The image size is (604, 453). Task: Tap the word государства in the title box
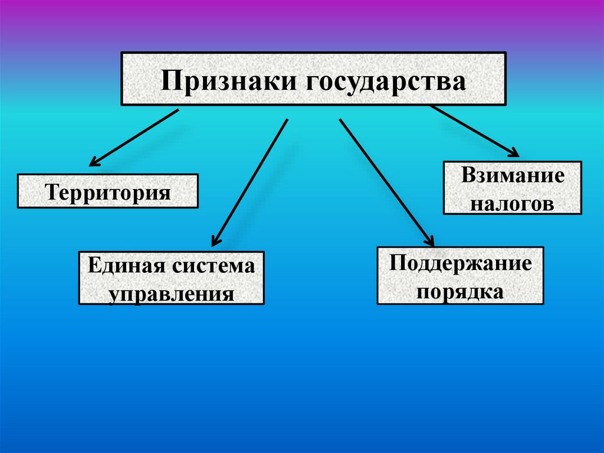click(385, 81)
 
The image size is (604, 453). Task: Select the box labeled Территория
click(108, 191)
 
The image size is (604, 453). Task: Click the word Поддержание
click(460, 263)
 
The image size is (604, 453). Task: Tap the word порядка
click(460, 291)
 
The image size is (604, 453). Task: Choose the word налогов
click(513, 204)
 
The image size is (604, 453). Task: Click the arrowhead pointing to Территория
click(93, 162)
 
